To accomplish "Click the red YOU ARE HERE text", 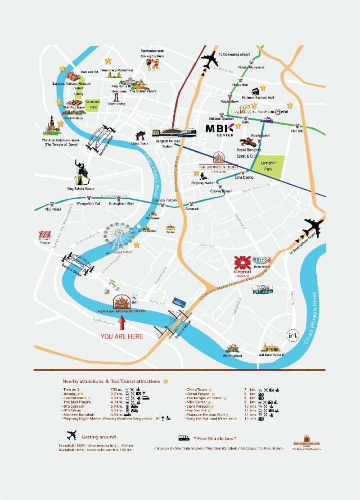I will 121,336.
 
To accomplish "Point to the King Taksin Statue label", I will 81,188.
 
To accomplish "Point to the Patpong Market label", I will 203,183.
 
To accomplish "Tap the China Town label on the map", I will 139,144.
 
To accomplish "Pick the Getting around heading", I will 99,437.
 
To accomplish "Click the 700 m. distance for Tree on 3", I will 117,389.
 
